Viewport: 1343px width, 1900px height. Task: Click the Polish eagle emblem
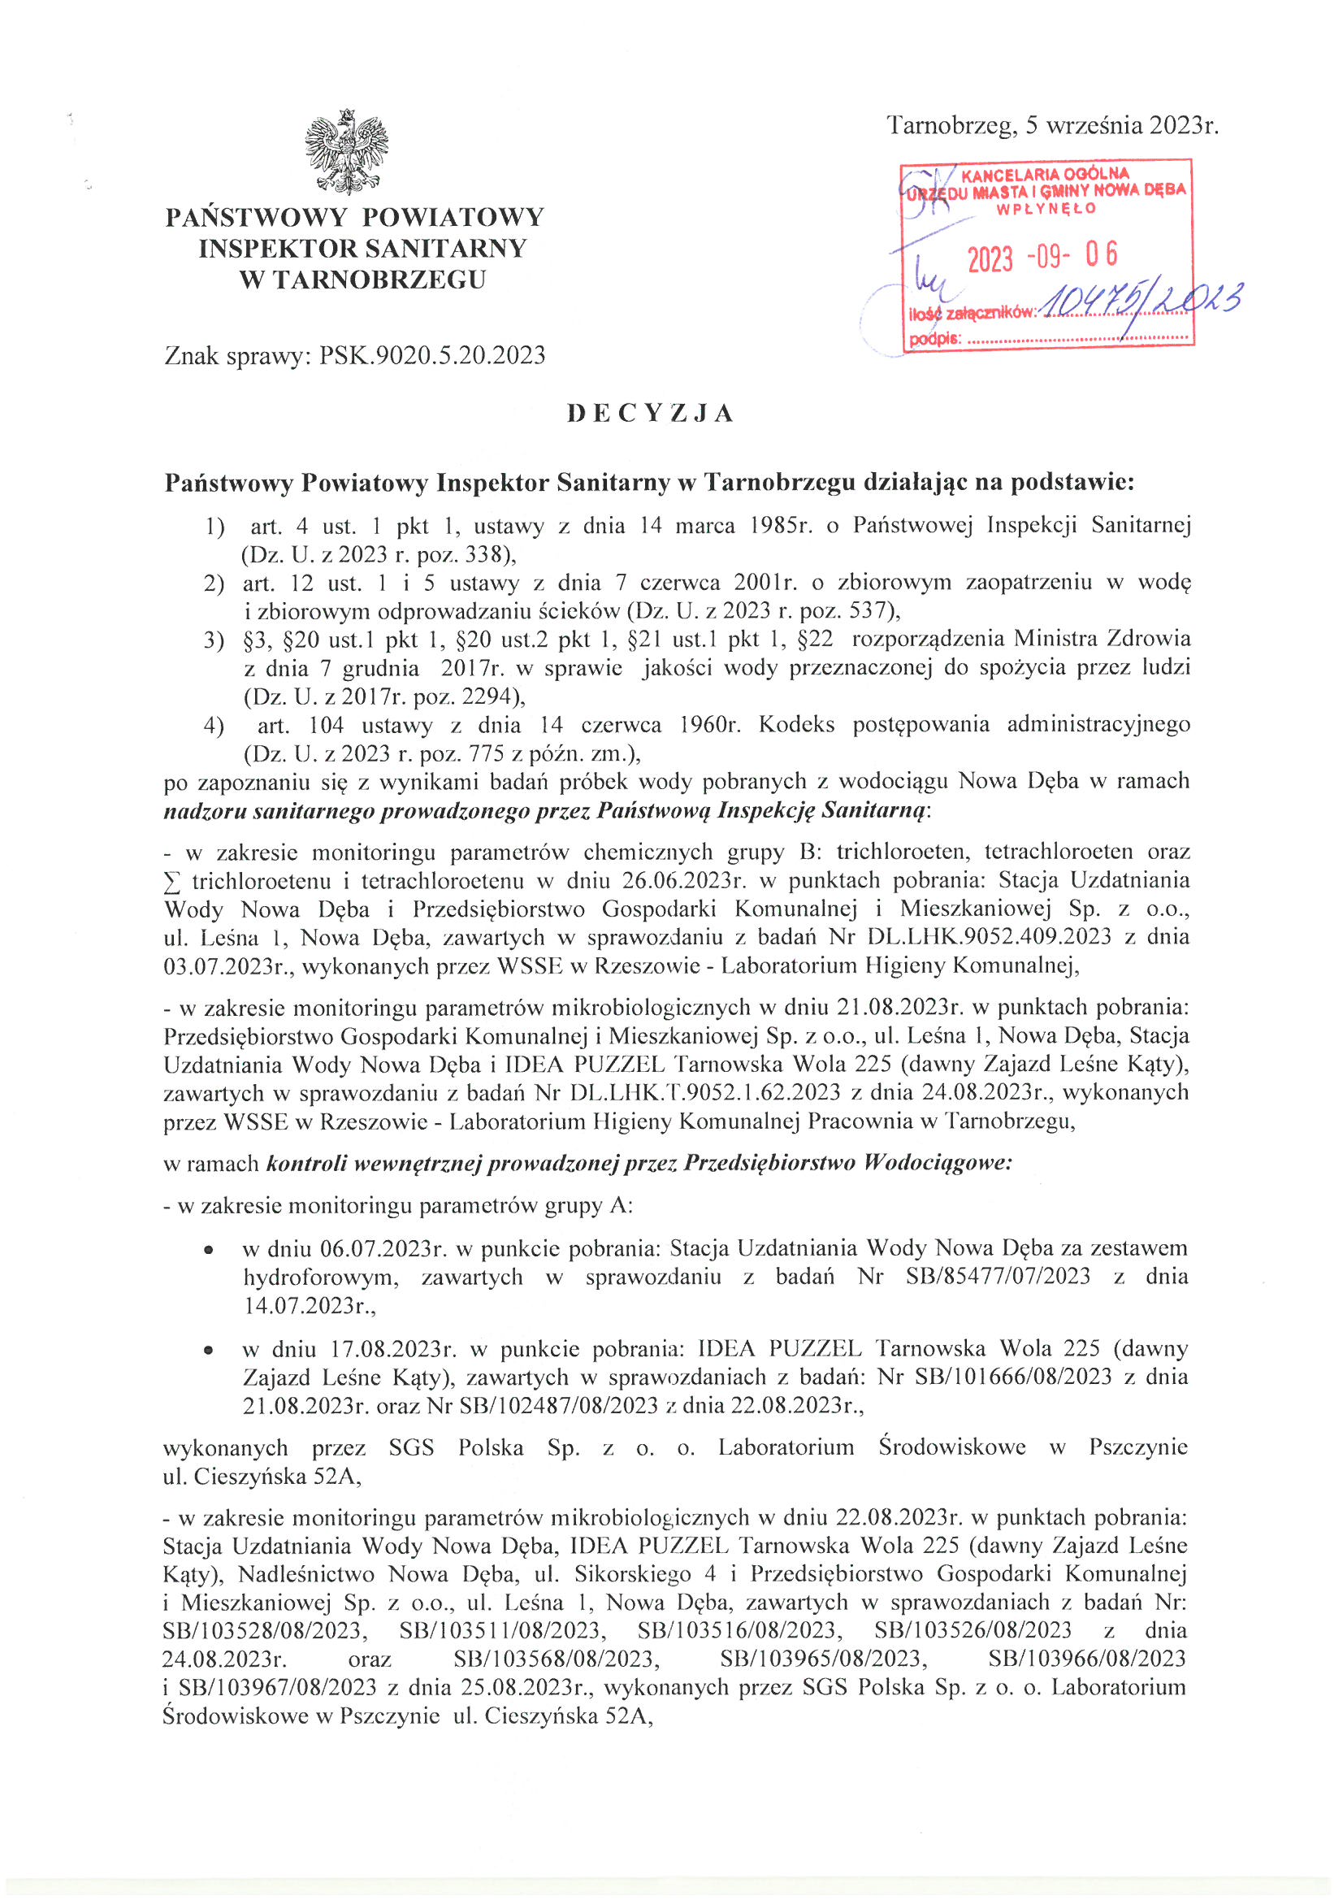point(347,151)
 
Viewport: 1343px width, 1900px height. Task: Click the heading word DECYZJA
point(651,414)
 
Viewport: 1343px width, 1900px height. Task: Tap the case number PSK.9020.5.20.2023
point(432,356)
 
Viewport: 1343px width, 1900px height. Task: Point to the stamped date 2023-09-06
point(1042,257)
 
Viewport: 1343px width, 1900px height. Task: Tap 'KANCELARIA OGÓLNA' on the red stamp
point(1044,175)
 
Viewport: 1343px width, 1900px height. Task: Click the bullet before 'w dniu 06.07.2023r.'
point(210,1249)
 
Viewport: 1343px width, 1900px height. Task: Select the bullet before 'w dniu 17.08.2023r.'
point(210,1350)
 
